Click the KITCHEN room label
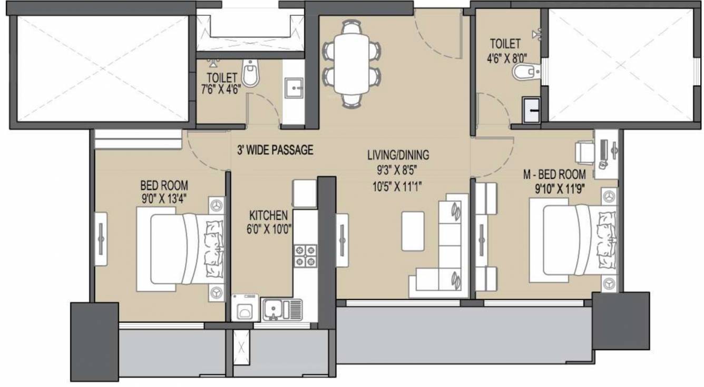point(268,215)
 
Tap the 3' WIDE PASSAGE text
point(275,150)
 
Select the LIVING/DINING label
point(398,155)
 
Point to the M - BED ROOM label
point(554,174)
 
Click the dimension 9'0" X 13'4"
point(164,199)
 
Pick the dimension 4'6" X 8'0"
point(507,57)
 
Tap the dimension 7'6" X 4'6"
point(220,89)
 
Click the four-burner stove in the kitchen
point(305,255)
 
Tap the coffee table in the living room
point(413,231)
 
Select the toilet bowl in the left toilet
point(251,74)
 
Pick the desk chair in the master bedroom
point(584,152)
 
